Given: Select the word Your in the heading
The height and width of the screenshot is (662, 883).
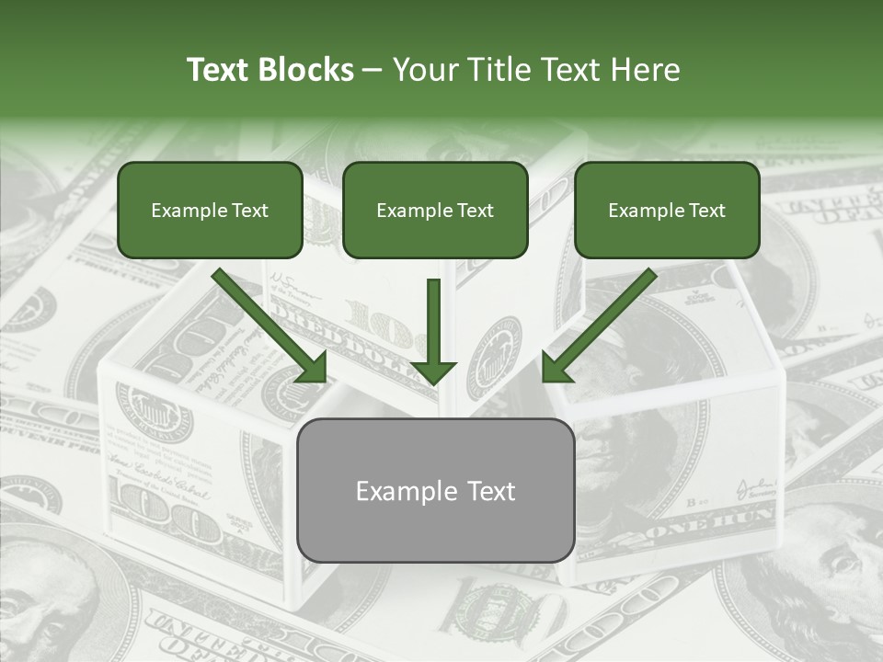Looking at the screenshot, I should point(425,70).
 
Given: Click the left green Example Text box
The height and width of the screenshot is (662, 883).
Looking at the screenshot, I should point(210,211).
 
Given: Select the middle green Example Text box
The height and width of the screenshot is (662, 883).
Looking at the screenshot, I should point(435,211).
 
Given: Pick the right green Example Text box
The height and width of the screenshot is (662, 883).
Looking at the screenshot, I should point(667,211).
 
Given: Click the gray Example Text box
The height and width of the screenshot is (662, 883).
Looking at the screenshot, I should point(436,491).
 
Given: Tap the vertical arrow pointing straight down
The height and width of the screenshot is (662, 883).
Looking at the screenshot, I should point(433,326).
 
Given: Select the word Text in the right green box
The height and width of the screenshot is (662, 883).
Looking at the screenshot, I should point(706,211).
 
